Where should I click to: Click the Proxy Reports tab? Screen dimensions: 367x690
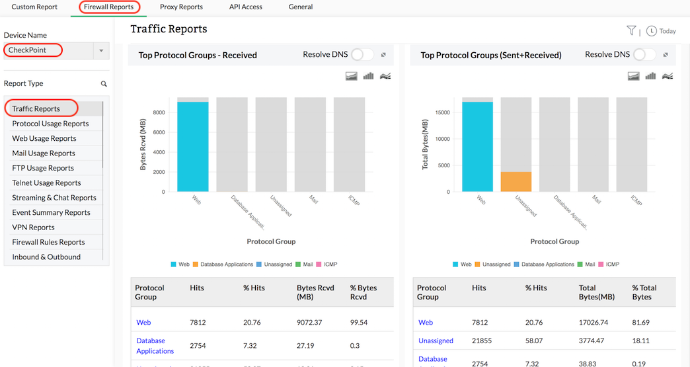pos(181,7)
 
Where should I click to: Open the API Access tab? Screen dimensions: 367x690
pos(245,7)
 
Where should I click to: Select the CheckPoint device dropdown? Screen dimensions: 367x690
pos(56,50)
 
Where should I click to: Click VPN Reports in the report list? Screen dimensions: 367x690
pos(33,227)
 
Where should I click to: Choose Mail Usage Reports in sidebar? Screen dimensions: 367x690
pos(44,153)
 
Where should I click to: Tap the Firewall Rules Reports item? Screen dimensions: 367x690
pos(48,242)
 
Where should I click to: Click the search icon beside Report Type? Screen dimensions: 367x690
pos(104,84)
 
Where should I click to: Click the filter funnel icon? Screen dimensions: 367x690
pos(631,30)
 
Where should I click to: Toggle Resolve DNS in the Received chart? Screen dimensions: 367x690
pos(362,55)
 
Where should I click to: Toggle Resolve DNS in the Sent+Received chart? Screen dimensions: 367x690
pos(644,55)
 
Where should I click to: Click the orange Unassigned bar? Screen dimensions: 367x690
pos(516,182)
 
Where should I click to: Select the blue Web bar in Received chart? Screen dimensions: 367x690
pos(193,146)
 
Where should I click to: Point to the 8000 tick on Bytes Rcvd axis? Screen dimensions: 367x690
pos(160,112)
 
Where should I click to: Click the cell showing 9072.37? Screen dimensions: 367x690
pos(310,323)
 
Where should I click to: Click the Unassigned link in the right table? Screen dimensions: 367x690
pos(436,341)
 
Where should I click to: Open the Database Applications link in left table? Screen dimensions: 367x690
pos(155,346)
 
